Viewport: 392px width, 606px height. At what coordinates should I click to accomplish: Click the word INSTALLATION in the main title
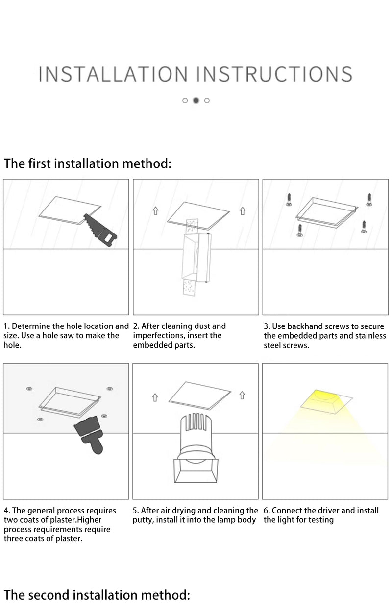[113, 74]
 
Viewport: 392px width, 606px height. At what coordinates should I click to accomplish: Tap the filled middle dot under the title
[196, 100]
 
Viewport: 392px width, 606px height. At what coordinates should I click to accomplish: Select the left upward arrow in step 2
[155, 211]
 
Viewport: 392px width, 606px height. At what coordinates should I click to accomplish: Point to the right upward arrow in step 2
[242, 211]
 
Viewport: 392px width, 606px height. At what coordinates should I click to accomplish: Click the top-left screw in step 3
[289, 198]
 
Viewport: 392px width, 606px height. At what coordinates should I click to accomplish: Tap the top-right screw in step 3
[368, 199]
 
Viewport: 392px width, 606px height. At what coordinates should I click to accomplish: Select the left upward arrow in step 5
[155, 397]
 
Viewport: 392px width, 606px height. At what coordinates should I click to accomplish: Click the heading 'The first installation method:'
[88, 163]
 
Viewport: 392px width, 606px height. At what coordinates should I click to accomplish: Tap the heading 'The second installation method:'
[97, 595]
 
